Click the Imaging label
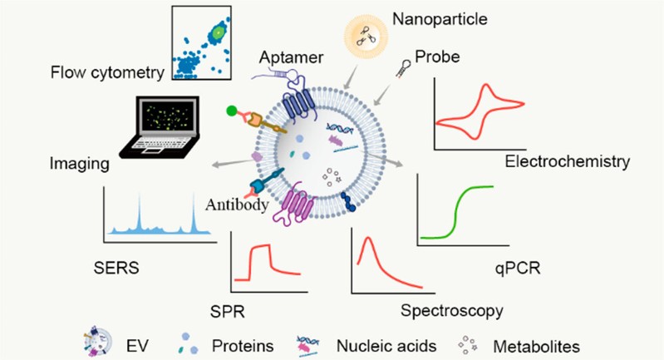point(79,165)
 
